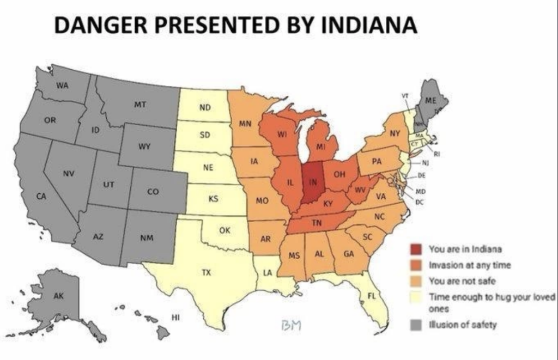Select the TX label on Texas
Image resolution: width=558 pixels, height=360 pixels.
click(x=206, y=272)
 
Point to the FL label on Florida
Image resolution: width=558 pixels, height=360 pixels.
click(x=372, y=296)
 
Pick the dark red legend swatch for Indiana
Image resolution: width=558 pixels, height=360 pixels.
click(x=416, y=249)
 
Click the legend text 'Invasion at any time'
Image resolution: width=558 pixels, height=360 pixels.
click(x=470, y=265)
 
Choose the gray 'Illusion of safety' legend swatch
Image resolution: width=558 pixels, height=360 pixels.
click(x=416, y=325)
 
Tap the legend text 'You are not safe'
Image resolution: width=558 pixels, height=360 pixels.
click(x=462, y=282)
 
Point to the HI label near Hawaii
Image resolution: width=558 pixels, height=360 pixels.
click(x=175, y=316)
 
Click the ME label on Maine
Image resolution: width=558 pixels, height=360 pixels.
click(x=430, y=101)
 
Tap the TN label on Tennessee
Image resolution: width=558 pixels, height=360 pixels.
click(x=316, y=223)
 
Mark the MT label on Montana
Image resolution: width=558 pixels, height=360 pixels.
click(x=139, y=105)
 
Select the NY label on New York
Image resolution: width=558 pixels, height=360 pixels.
click(x=395, y=133)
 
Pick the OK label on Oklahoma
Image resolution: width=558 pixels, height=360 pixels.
click(x=225, y=230)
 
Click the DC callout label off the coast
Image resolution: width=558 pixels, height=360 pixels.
click(x=420, y=202)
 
